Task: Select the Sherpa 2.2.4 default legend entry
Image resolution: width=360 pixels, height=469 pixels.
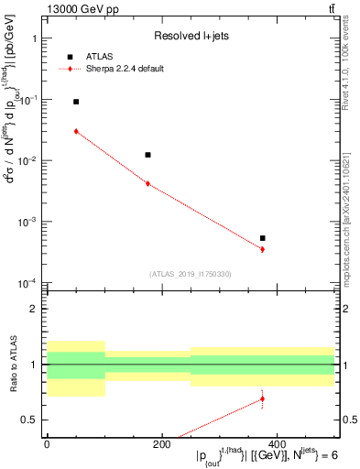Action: coord(125,69)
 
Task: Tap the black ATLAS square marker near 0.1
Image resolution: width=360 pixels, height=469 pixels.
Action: coord(76,102)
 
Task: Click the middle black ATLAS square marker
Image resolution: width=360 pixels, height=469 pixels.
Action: coord(147,155)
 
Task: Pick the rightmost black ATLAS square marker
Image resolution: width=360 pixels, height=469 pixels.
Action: coord(262,238)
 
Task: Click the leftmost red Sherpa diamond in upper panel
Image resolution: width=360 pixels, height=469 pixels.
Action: coord(76,131)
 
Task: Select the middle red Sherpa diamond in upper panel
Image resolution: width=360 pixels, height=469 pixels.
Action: coord(147,184)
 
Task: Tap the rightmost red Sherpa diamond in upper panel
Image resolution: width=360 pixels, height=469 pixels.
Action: coord(262,249)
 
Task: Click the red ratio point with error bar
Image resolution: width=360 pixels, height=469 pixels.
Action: coord(262,398)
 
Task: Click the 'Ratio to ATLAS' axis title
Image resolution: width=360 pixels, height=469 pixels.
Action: coord(12,365)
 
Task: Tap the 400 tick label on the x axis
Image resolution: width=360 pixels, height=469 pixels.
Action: coord(276,444)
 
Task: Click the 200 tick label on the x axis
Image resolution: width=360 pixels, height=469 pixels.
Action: coord(161,444)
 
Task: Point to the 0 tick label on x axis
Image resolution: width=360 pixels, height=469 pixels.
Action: coord(47,444)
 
